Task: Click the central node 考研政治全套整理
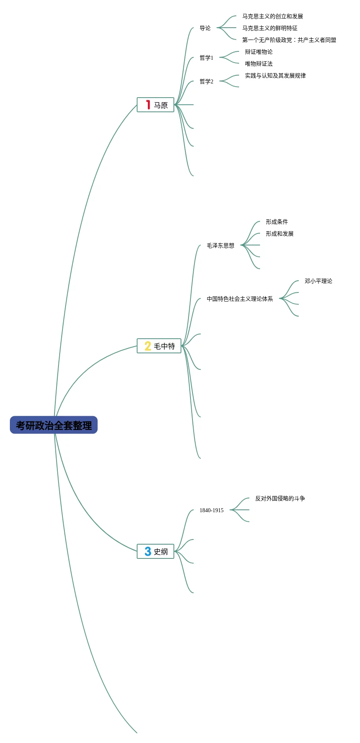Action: (x=54, y=425)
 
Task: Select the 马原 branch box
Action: (x=155, y=105)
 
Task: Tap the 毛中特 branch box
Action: (x=159, y=346)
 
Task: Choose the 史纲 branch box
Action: (x=155, y=551)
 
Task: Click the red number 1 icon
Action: (x=148, y=105)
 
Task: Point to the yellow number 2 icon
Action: (x=148, y=346)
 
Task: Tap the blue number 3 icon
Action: (x=148, y=551)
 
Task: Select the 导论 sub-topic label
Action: (x=205, y=28)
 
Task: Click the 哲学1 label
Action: (x=206, y=58)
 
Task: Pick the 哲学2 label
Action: (x=206, y=81)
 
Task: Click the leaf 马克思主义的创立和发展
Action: (x=272, y=16)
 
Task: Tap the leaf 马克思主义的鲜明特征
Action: (x=270, y=28)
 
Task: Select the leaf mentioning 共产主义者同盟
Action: (x=289, y=40)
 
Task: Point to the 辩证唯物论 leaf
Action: (x=258, y=52)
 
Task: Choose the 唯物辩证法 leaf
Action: (x=258, y=64)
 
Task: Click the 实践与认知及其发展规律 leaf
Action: (x=275, y=75)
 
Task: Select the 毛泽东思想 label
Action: (x=221, y=245)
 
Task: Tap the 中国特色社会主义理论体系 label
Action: (x=239, y=299)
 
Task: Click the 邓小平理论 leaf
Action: (x=318, y=281)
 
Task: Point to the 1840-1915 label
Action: (x=211, y=510)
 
